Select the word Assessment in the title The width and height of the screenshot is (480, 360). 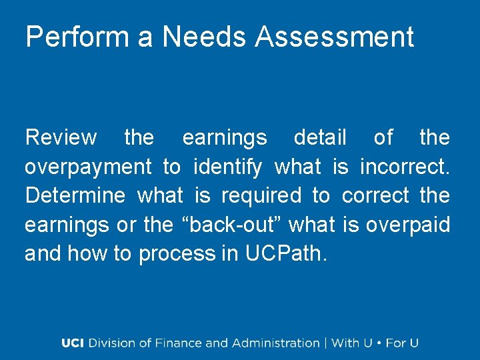click(334, 37)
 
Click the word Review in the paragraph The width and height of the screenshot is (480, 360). click(61, 138)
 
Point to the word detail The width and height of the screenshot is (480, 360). click(320, 138)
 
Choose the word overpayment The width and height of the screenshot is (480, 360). click(89, 167)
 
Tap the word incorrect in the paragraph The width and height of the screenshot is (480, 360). click(405, 167)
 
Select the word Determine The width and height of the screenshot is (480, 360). click(75, 195)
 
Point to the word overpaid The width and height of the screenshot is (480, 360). click(408, 225)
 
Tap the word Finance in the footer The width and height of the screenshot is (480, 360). click(179, 343)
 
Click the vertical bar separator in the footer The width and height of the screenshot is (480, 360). click(326, 343)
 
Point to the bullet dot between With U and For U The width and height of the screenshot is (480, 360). click(379, 343)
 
